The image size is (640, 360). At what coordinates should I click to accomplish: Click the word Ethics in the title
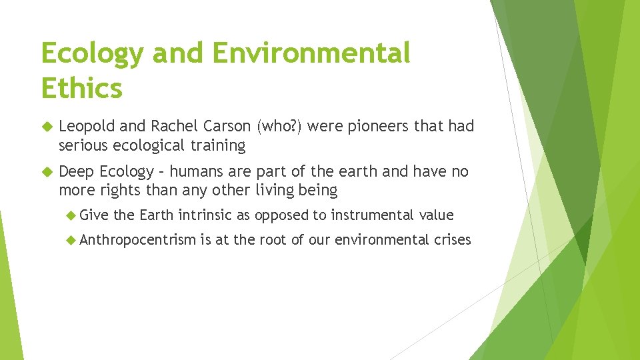82,87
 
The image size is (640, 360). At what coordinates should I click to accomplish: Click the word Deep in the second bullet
77,171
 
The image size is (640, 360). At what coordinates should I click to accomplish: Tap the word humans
196,171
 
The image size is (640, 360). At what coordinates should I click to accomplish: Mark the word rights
117,190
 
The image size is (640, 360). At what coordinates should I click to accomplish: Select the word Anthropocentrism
137,239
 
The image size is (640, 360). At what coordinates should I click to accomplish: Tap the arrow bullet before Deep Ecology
46,171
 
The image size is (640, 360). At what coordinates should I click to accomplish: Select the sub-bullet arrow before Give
72,215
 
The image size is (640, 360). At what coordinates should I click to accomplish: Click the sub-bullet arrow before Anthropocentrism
72,239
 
